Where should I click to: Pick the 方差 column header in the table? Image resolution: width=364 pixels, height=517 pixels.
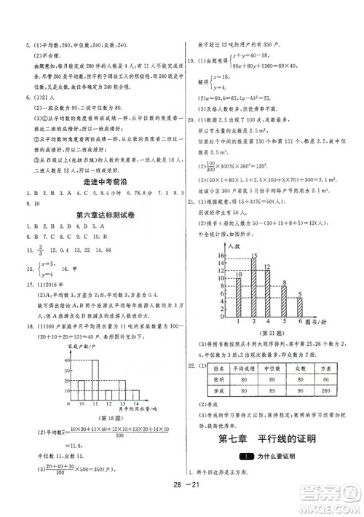tap(325, 369)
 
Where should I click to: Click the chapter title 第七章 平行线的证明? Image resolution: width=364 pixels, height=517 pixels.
tap(274, 439)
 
